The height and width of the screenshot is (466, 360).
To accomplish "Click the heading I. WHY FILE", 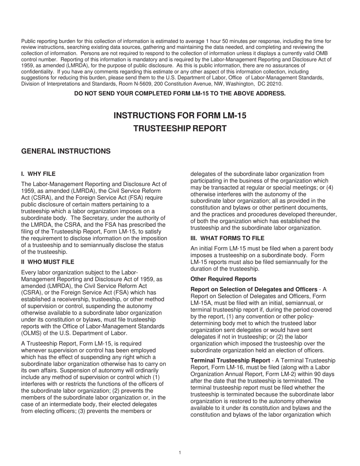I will (38, 174).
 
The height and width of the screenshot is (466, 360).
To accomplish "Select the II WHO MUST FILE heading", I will (48, 262).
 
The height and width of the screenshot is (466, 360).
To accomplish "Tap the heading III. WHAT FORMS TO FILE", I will (227, 238).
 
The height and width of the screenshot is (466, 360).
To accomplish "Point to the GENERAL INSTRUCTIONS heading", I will (66, 151).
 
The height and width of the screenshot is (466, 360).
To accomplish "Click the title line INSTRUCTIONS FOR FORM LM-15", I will (180, 116).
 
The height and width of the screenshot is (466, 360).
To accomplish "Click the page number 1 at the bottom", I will (180, 452).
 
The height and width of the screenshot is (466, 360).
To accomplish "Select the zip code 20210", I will (274, 84).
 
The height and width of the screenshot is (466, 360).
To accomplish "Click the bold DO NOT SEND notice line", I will (180, 94).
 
